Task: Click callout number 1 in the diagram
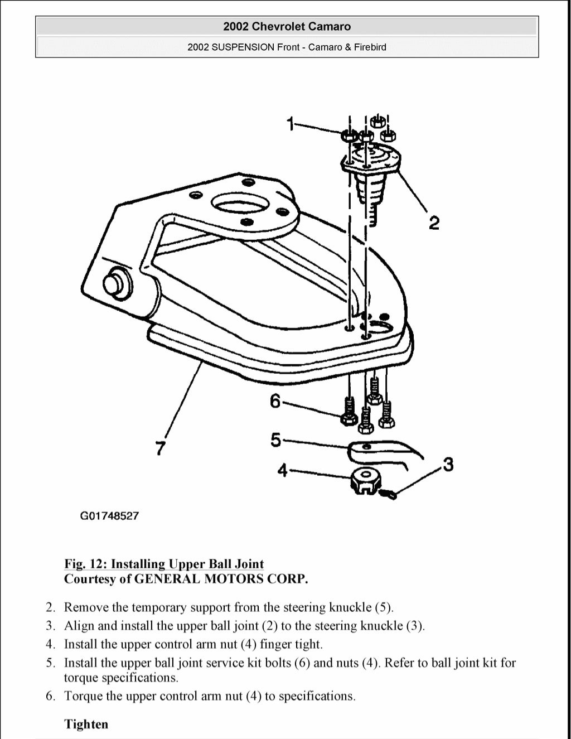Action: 291,123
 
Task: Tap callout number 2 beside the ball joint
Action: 434,223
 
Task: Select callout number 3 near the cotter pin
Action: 448,464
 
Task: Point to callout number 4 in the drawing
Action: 283,471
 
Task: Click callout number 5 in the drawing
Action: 276,440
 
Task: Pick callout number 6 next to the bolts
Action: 275,401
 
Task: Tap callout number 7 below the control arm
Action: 160,448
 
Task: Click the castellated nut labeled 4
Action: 365,480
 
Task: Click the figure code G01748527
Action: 109,516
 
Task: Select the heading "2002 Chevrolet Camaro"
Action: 287,26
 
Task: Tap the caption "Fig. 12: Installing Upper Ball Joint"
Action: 164,564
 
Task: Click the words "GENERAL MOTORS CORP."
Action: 221,579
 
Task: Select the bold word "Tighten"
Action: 86,724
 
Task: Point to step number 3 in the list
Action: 50,626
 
